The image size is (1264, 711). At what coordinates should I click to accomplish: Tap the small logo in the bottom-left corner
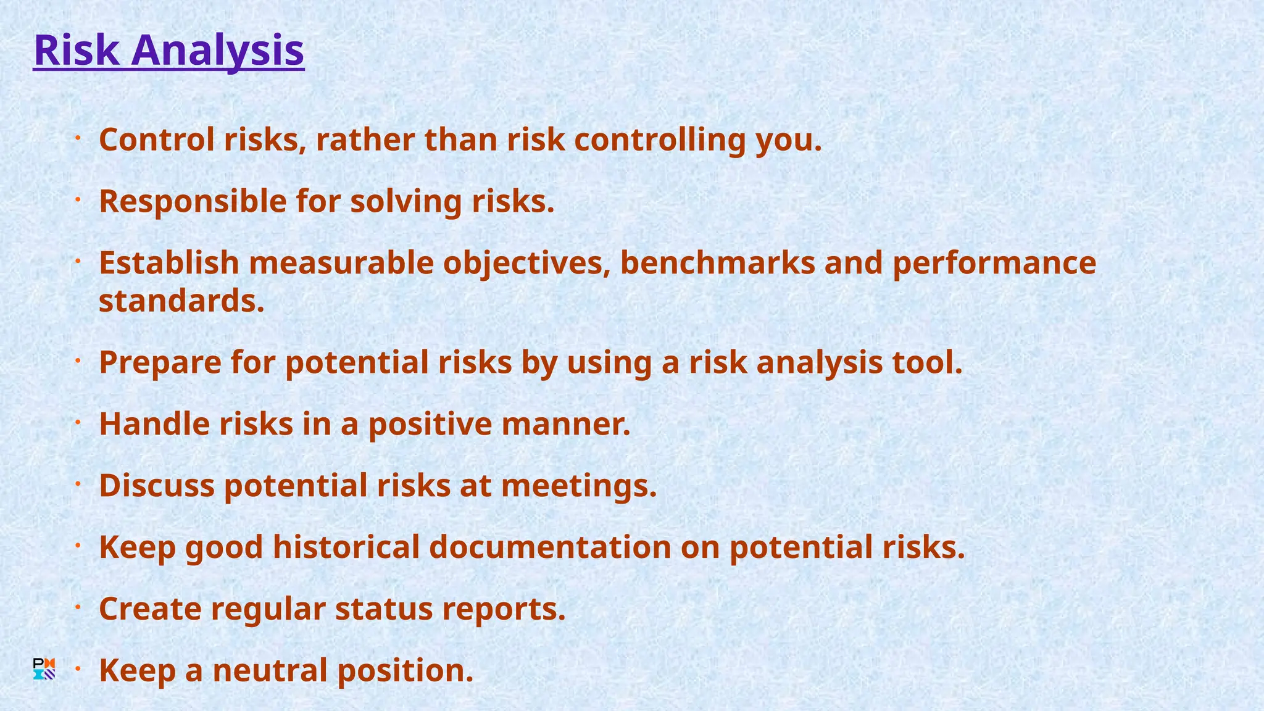coord(44,669)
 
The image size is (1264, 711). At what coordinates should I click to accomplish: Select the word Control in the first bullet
coord(157,139)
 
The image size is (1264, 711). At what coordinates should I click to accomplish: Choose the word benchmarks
coord(718,263)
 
